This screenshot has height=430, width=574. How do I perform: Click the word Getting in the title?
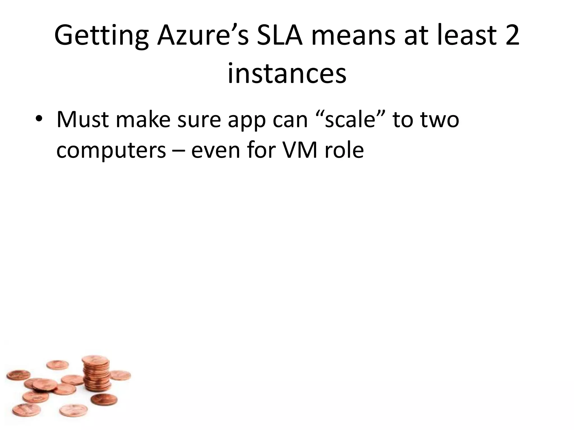click(x=101, y=36)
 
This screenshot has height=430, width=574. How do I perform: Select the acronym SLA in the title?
click(x=280, y=36)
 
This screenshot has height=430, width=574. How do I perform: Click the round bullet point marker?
click(x=39, y=120)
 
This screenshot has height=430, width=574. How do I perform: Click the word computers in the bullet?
click(x=111, y=151)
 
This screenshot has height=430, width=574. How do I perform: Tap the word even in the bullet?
click(x=216, y=151)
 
